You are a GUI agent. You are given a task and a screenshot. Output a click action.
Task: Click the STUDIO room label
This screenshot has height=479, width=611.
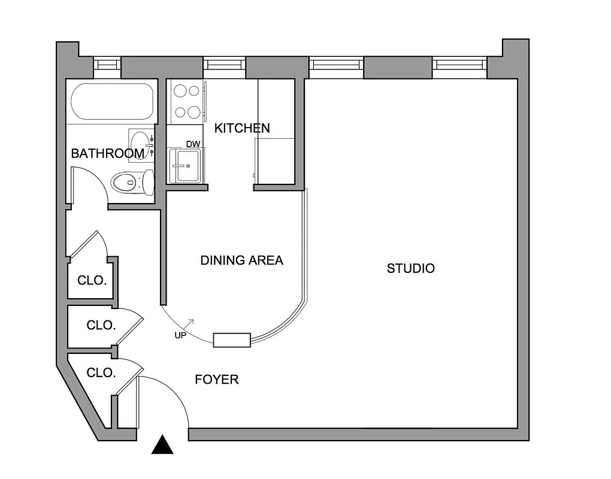pyautogui.click(x=410, y=268)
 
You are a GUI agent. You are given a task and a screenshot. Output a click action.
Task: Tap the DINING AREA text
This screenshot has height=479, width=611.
pyautogui.click(x=241, y=260)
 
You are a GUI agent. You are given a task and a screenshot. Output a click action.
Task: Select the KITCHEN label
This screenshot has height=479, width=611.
pyautogui.click(x=242, y=128)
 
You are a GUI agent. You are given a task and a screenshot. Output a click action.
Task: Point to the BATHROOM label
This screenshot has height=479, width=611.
pyautogui.click(x=107, y=154)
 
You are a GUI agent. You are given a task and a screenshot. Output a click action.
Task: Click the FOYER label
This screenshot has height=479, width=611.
pyautogui.click(x=217, y=380)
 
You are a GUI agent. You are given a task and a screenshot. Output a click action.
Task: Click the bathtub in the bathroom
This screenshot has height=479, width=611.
pyautogui.click(x=112, y=101)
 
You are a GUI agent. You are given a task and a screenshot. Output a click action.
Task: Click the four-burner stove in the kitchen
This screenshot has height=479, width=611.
pyautogui.click(x=186, y=101)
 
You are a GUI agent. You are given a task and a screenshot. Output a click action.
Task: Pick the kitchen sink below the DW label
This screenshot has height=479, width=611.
pyautogui.click(x=186, y=165)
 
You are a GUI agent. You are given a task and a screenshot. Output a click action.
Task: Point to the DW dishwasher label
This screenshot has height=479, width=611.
pyautogui.click(x=193, y=144)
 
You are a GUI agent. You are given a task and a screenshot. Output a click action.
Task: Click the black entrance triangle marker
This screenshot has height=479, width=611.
pyautogui.click(x=162, y=445)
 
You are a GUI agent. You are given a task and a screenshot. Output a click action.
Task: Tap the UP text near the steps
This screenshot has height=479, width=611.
pyautogui.click(x=180, y=335)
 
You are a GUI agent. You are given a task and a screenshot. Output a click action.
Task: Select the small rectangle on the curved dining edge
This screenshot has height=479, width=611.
pyautogui.click(x=232, y=340)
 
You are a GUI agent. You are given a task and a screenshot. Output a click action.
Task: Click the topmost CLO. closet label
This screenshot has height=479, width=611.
pyautogui.click(x=92, y=280)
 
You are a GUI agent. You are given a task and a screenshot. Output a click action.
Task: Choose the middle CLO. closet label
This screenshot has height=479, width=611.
pyautogui.click(x=101, y=326)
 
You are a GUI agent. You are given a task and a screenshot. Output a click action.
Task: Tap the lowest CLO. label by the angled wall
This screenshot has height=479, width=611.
pyautogui.click(x=101, y=373)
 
